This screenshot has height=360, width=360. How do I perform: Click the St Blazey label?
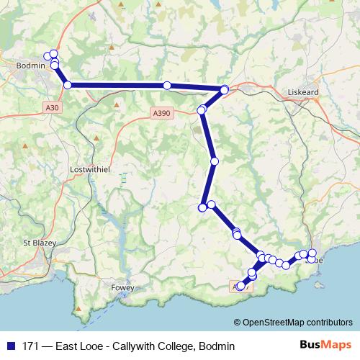click(x=35, y=243)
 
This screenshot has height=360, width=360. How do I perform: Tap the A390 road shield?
click(x=162, y=113)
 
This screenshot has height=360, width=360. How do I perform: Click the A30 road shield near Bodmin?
click(x=50, y=107)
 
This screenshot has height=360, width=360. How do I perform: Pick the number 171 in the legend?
click(x=31, y=346)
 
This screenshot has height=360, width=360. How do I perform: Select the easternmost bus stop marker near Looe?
click(x=312, y=253)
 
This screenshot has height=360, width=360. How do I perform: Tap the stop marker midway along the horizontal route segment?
click(x=167, y=86)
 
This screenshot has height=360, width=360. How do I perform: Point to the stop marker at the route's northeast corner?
click(x=225, y=89)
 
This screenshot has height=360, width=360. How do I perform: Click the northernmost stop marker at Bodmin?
click(x=53, y=54)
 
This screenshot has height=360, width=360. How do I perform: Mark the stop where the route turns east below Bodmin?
click(x=68, y=85)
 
